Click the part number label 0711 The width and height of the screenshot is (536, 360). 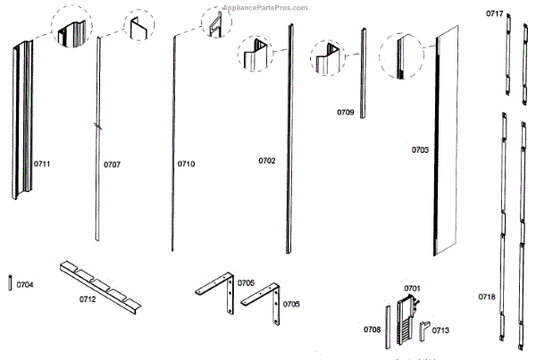pyautogui.click(x=42, y=164)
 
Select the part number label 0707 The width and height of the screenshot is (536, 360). pyautogui.click(x=112, y=164)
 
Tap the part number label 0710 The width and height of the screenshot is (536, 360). pyautogui.click(x=186, y=163)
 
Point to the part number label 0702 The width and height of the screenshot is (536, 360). pyautogui.click(x=266, y=161)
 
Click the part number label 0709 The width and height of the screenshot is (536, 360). pyautogui.click(x=345, y=113)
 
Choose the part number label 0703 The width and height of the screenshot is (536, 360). pyautogui.click(x=420, y=150)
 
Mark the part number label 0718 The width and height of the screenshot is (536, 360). pyautogui.click(x=486, y=296)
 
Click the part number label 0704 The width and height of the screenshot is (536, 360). pyautogui.click(x=25, y=284)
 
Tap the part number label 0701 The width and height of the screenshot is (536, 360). pyautogui.click(x=412, y=288)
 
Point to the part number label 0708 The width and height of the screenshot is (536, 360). pyautogui.click(x=372, y=330)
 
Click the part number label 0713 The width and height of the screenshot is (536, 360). pyautogui.click(x=440, y=330)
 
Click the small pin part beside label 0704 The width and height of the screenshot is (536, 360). pyautogui.click(x=9, y=283)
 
